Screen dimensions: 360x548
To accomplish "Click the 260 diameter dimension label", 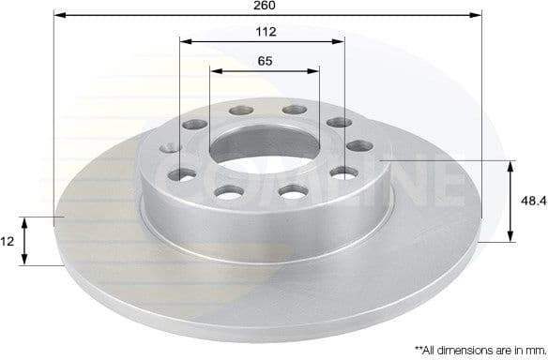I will (x=265, y=5).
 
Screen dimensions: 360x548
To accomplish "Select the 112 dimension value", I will (x=265, y=32).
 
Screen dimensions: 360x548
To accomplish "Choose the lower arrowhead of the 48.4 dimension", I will (x=510, y=238).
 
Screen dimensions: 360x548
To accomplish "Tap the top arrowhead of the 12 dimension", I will (x=25, y=221).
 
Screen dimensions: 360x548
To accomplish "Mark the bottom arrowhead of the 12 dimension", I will (x=25, y=262).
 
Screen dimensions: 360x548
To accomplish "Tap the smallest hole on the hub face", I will (x=170, y=146).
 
